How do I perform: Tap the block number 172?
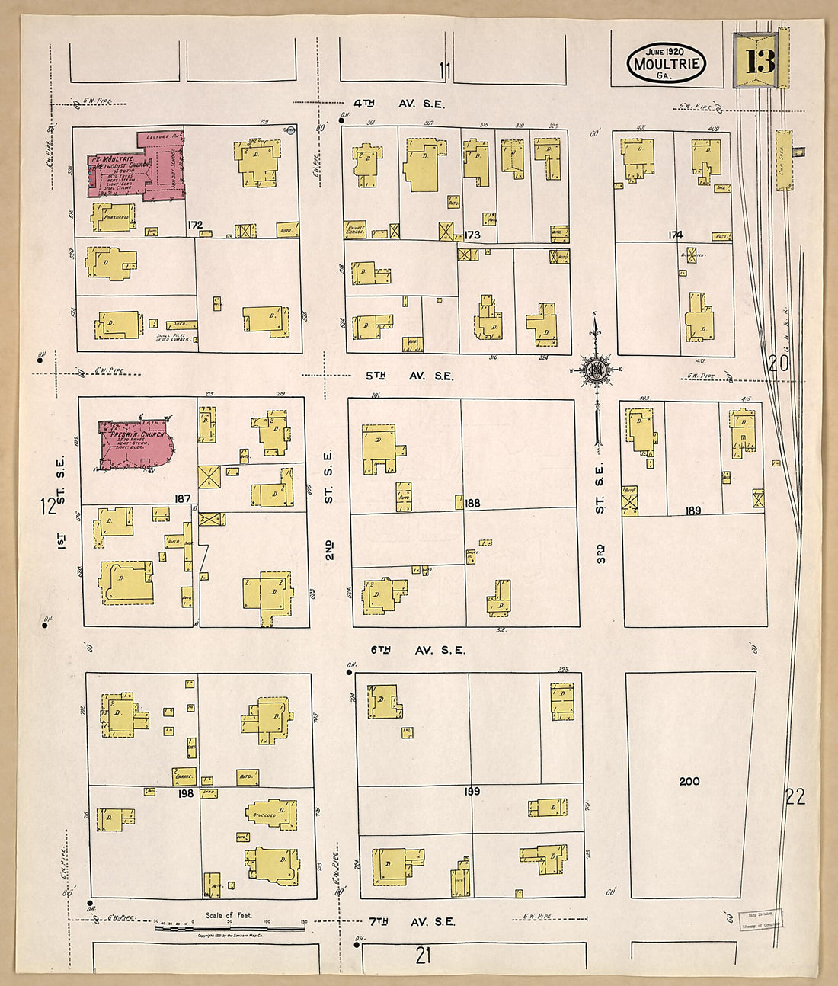point(195,226)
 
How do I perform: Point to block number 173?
point(472,235)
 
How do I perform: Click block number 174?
point(675,235)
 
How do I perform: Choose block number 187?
point(182,499)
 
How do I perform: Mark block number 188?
point(472,503)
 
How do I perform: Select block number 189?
point(692,511)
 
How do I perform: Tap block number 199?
point(472,792)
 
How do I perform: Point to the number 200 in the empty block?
point(689,781)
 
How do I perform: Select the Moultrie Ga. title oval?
point(666,63)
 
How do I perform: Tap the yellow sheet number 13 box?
point(759,61)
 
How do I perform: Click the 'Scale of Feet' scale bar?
point(229,927)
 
